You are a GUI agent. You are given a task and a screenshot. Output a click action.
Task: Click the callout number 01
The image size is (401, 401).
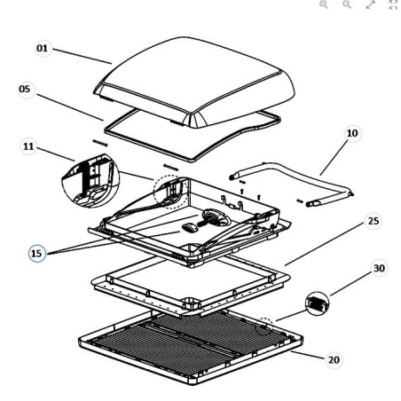(x=42, y=48)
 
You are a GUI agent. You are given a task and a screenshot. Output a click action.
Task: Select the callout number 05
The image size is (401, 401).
(x=25, y=89)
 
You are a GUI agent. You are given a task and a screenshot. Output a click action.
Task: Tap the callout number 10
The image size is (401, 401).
(x=352, y=133)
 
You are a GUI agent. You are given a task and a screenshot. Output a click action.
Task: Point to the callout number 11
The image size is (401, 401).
(x=28, y=146)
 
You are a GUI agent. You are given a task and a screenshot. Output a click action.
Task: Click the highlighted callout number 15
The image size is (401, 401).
(x=36, y=254)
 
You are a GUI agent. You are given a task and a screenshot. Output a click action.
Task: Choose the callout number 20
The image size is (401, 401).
(x=334, y=360)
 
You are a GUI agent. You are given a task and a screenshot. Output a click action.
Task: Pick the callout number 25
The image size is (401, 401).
(x=373, y=221)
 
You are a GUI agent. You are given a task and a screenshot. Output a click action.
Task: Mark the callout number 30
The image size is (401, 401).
(x=379, y=268)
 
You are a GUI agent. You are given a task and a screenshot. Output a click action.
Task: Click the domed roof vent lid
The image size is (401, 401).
(x=194, y=83)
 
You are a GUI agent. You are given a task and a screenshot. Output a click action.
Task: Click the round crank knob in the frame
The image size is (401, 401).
(x=216, y=217)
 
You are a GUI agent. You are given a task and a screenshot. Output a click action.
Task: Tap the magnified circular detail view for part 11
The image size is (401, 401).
(x=90, y=180)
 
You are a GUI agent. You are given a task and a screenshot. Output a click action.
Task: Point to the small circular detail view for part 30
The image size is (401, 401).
(x=317, y=303)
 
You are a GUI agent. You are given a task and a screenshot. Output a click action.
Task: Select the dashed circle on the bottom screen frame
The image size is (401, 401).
(x=256, y=326)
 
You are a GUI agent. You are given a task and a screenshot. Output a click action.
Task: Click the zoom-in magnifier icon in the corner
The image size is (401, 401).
(x=324, y=4)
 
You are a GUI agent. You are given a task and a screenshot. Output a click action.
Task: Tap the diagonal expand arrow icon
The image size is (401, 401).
(x=370, y=4)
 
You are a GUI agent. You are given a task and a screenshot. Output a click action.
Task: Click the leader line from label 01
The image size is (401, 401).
(x=83, y=56)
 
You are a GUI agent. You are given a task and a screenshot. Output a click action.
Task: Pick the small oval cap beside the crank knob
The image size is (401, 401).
(x=189, y=227)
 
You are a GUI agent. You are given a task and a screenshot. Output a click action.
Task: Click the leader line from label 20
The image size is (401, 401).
(x=308, y=355)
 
